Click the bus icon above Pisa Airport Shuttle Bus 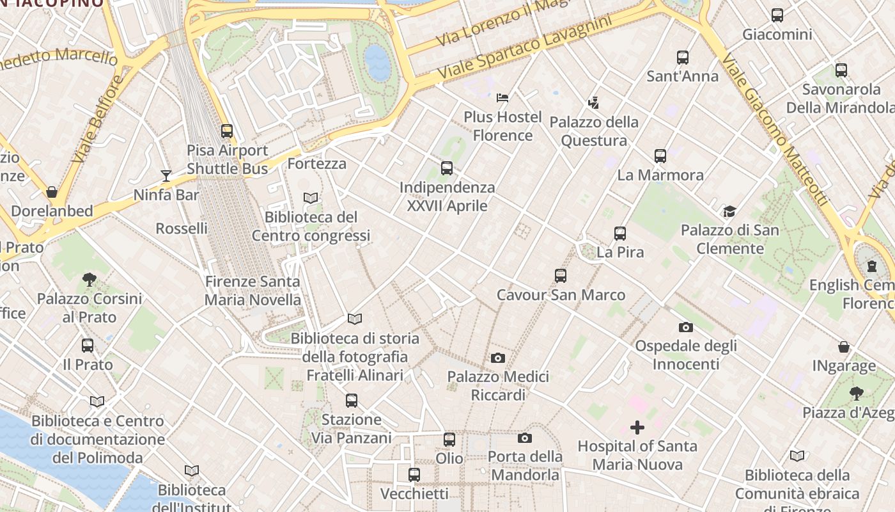(227, 131)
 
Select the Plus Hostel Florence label (502, 126)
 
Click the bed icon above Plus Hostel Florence (502, 98)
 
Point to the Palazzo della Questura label (594, 131)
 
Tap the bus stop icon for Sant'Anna (683, 58)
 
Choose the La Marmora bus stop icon (660, 156)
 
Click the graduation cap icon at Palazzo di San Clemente (729, 211)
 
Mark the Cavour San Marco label (561, 295)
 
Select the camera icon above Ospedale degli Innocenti (686, 328)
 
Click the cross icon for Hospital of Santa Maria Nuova (637, 428)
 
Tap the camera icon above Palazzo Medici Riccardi (498, 358)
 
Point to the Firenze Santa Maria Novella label (253, 291)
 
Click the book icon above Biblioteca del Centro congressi (311, 198)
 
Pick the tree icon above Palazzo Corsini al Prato (89, 280)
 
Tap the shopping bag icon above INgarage (844, 348)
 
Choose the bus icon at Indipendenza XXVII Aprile (447, 169)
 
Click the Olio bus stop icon (449, 440)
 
